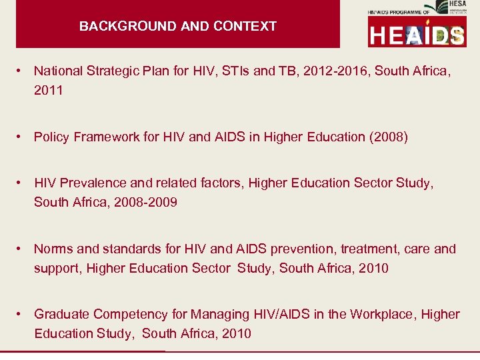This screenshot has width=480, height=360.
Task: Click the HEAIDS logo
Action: (x=417, y=33)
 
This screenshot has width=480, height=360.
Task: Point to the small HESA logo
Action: (x=441, y=7)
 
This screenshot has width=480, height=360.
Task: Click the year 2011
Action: (x=49, y=90)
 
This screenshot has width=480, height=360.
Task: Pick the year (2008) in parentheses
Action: (x=388, y=137)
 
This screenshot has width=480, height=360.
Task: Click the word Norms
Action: (x=53, y=249)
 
